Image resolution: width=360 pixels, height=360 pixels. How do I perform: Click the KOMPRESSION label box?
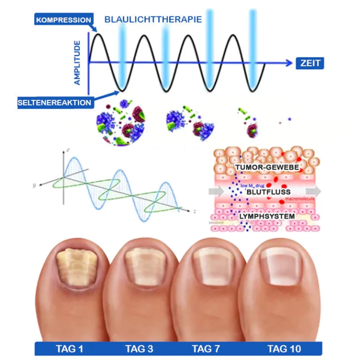63,20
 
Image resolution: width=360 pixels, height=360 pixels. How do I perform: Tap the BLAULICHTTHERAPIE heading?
153,20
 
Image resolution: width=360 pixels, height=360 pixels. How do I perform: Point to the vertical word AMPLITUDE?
77,62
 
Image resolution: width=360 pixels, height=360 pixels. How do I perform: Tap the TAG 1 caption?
69,349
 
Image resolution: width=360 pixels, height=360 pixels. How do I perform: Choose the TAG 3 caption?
139,349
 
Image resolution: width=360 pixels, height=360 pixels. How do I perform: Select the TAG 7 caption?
206,349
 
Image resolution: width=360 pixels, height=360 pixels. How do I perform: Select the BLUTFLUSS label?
269,192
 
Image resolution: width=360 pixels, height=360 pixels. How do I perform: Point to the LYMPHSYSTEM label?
267,217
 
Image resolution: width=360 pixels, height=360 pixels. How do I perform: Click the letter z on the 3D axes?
193,211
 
